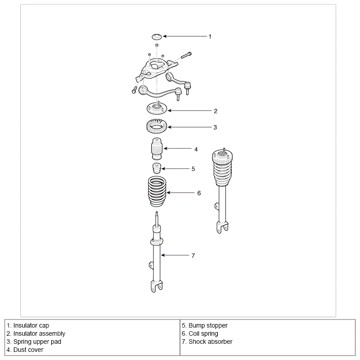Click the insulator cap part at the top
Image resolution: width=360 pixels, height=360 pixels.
[157, 36]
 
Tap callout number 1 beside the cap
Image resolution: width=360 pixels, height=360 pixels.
[210, 36]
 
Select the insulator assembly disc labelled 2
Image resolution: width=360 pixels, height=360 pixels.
[157, 108]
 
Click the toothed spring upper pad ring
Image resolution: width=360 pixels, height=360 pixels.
[157, 126]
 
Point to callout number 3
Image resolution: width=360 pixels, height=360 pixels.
[215, 127]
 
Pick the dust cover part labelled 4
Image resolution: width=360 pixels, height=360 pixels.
[157, 149]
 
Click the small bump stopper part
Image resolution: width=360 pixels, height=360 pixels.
[157, 168]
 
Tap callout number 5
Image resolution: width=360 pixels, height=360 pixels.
[193, 169]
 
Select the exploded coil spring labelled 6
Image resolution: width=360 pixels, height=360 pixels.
[157, 191]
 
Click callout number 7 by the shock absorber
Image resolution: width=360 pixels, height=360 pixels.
[193, 256]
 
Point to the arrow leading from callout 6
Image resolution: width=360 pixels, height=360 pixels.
[180, 193]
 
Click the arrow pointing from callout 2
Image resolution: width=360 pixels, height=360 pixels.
[189, 111]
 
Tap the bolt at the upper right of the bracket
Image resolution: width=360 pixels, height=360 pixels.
[186, 55]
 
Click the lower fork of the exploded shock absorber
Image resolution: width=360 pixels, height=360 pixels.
[157, 286]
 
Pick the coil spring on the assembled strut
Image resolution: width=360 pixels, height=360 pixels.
[222, 172]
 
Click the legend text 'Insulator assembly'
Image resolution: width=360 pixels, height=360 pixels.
[39, 333]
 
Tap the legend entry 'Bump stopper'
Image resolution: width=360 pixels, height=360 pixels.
[208, 325]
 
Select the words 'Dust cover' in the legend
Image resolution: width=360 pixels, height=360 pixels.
[28, 350]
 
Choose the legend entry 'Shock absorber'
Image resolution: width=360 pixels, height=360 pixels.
[210, 342]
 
